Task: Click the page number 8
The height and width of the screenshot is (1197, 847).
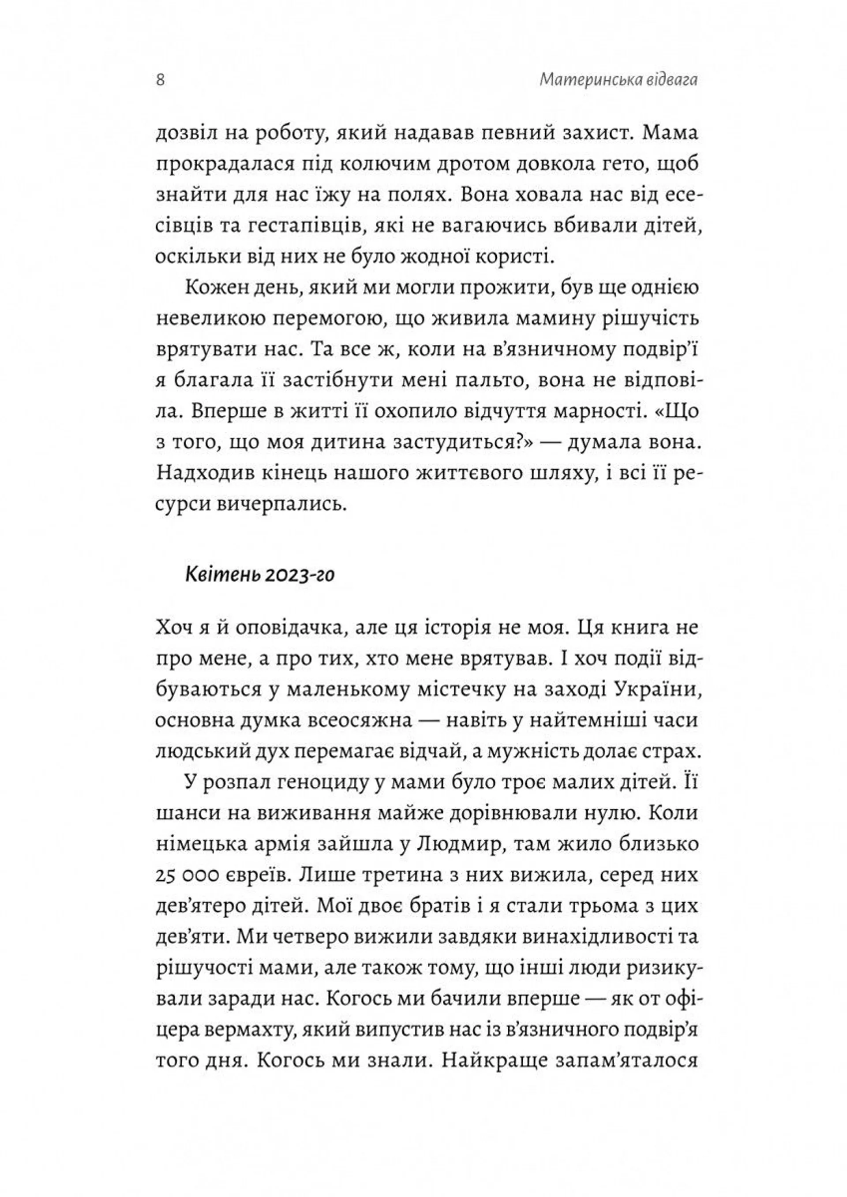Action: (160, 81)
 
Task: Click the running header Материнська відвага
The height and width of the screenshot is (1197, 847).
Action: (618, 80)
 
